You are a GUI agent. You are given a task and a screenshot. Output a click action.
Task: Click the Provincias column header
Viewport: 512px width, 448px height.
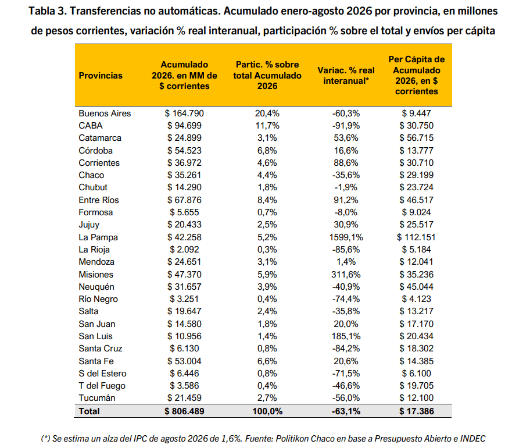point(101,76)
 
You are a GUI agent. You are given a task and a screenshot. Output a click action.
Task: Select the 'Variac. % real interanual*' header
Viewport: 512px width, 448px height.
point(346,76)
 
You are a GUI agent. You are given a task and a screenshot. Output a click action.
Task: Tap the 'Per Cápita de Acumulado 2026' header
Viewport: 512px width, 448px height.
point(416,75)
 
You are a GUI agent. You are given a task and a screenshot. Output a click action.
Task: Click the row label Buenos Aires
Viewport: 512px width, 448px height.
point(105,113)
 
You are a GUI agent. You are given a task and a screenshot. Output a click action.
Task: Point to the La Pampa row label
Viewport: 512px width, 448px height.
point(98,237)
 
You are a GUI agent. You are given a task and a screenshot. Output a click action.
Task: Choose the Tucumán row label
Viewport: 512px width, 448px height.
point(97,398)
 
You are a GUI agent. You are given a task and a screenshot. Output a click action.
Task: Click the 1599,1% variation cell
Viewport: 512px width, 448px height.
point(346,237)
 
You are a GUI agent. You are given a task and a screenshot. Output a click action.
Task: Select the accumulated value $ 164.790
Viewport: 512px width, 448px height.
point(184,113)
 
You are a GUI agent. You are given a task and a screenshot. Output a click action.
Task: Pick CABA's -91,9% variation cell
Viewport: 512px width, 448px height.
point(346,126)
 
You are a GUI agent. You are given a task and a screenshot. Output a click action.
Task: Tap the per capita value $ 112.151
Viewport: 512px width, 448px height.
point(416,237)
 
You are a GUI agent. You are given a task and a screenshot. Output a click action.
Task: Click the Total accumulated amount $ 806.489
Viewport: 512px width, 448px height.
point(184,411)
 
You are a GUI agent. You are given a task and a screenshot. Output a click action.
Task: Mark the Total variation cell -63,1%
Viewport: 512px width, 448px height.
point(346,411)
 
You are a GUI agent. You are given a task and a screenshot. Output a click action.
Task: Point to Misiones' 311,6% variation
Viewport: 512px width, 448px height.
point(346,275)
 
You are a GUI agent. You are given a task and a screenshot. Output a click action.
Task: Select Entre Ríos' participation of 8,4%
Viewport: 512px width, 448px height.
point(267,200)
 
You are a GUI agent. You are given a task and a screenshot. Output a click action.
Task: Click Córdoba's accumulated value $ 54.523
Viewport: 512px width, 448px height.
point(184,151)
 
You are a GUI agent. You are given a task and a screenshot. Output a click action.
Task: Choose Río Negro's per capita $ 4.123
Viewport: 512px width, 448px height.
point(416,299)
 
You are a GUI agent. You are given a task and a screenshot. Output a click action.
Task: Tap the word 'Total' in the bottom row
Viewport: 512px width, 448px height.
point(89,411)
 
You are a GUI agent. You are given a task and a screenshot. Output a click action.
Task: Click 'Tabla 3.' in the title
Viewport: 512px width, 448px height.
point(47,11)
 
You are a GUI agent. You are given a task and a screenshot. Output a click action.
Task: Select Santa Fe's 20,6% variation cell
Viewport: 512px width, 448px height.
point(346,361)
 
